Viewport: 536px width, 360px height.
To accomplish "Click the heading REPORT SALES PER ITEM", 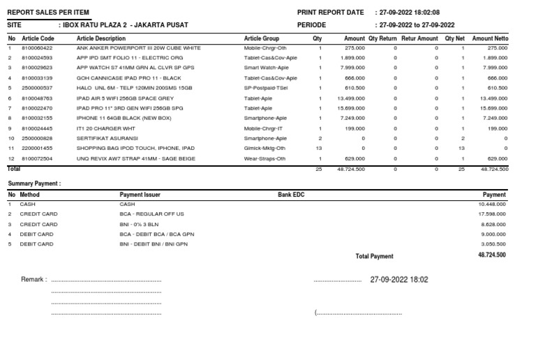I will pyautogui.click(x=48, y=13).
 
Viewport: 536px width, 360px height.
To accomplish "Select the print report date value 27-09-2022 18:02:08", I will pyautogui.click(x=410, y=13).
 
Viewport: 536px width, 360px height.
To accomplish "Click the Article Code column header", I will pyautogui.click(x=38, y=38).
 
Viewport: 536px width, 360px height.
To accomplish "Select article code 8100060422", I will pyautogui.click(x=38, y=47).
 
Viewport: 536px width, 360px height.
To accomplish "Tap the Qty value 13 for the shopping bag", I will pyautogui.click(x=320, y=149).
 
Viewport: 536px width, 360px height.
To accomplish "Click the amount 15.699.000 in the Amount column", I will pyautogui.click(x=352, y=108).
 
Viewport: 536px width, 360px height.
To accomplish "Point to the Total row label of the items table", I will pyautogui.click(x=14, y=169).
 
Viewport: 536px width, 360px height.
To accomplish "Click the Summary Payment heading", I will pyautogui.click(x=34, y=183).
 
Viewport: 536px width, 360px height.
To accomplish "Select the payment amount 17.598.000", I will pyautogui.click(x=492, y=214).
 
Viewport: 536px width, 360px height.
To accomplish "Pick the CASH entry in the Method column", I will pyautogui.click(x=28, y=204).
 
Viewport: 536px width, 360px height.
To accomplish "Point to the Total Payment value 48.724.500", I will pyautogui.click(x=492, y=255).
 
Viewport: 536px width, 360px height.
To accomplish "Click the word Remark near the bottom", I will pyautogui.click(x=33, y=279).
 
